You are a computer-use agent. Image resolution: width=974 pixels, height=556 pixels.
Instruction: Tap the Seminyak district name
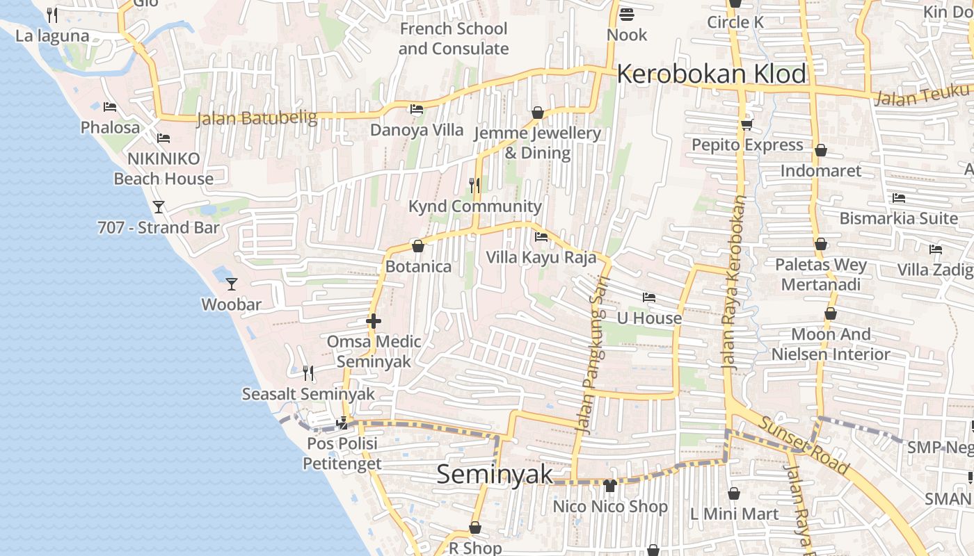494,474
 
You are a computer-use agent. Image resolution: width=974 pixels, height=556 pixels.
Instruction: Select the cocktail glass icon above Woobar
232,284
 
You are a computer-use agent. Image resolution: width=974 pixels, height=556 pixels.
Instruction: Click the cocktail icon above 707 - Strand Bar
159,207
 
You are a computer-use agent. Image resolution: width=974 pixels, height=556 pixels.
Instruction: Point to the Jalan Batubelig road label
257,118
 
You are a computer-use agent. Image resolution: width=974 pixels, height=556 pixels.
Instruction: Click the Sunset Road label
804,445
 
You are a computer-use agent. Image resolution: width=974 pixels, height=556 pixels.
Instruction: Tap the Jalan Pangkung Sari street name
591,354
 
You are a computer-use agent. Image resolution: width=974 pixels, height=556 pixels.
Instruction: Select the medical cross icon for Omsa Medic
374,321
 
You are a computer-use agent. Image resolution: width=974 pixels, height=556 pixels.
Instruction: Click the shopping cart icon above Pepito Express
747,125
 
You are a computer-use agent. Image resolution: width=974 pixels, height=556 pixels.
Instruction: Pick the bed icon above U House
649,297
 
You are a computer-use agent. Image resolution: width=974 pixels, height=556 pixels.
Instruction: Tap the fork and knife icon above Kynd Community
474,185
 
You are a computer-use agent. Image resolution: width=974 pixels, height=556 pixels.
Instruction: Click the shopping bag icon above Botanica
418,246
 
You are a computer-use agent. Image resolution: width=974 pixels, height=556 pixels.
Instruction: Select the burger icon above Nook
626,15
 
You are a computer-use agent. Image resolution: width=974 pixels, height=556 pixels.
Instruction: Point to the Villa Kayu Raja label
541,258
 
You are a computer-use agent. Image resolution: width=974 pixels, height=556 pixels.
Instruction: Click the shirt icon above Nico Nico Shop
610,486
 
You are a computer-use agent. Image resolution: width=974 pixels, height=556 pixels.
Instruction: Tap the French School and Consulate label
454,39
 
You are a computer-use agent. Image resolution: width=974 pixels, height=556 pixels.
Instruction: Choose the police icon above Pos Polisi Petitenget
342,422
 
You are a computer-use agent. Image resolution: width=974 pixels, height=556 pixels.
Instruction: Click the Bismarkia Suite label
898,218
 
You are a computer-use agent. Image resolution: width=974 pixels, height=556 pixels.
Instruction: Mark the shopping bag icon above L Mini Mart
734,493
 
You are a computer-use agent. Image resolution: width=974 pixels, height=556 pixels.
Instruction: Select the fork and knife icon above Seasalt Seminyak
308,373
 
